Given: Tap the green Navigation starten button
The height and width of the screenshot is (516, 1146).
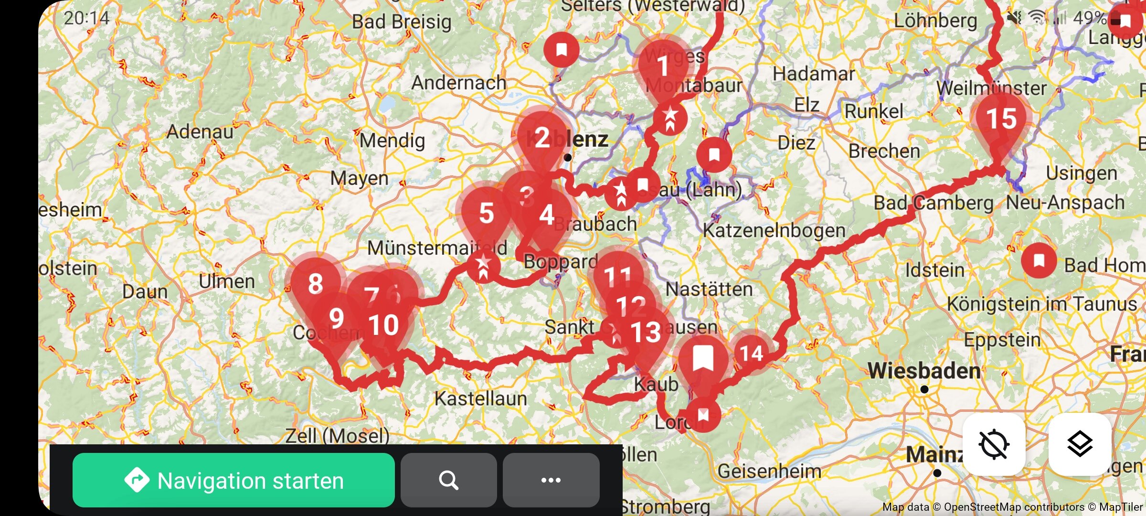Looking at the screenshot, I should coord(233,480).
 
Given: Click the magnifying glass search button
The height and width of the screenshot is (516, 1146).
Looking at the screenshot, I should coord(448,480).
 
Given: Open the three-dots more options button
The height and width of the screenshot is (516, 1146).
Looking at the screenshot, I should coord(551,480).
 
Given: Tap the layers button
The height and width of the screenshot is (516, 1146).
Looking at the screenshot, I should coord(1080,444).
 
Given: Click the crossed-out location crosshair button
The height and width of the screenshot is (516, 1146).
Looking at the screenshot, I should coord(994,444).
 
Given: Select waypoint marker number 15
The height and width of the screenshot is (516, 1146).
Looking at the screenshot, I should coord(1002,119).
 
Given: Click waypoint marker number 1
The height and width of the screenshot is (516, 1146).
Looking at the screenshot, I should coord(662,67).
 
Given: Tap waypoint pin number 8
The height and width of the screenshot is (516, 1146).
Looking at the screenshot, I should coord(315,284).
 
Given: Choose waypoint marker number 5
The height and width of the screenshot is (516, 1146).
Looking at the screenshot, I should coord(486,214).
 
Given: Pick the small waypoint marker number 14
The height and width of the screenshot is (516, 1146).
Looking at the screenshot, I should coord(751,354).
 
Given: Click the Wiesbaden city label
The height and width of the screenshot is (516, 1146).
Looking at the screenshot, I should coord(924,371).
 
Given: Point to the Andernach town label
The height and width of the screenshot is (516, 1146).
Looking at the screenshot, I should coord(458,83).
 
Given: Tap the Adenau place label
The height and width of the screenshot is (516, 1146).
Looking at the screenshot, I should coord(200,131).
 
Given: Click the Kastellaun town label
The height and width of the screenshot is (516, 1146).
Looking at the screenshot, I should coord(480,398).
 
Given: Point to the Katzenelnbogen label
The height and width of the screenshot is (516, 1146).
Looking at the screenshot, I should coord(774,231).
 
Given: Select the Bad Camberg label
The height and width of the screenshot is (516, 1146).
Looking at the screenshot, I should coord(933,203).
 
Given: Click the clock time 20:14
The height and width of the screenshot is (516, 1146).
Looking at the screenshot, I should coord(86,18).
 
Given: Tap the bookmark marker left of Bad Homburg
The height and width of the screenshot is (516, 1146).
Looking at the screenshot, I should coord(1039,261).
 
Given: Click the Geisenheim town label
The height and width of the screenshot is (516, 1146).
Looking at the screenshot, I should coord(769,472).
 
